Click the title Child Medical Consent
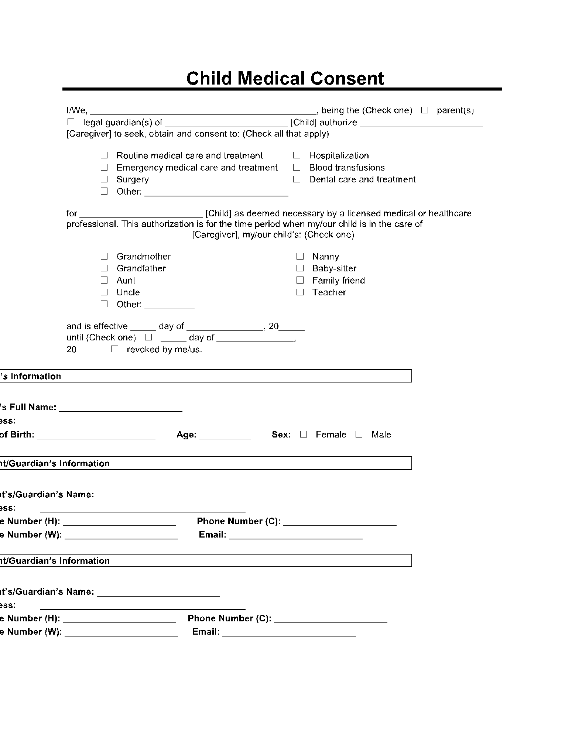(x=285, y=79)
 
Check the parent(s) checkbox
(x=425, y=110)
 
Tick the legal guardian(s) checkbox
(x=71, y=122)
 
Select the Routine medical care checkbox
(x=104, y=155)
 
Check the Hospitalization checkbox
(x=297, y=155)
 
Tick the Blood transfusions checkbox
(x=297, y=167)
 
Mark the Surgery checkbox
(x=104, y=179)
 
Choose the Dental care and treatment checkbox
(x=297, y=179)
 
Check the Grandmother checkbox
(x=104, y=256)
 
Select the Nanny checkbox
(x=300, y=256)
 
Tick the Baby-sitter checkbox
(x=300, y=268)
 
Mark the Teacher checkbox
(x=300, y=292)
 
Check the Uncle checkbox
(x=104, y=292)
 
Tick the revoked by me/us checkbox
(x=114, y=349)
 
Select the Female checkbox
(x=304, y=434)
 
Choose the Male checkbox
(x=359, y=434)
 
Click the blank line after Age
(x=225, y=436)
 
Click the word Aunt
(x=126, y=280)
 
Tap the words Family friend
(x=338, y=280)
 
